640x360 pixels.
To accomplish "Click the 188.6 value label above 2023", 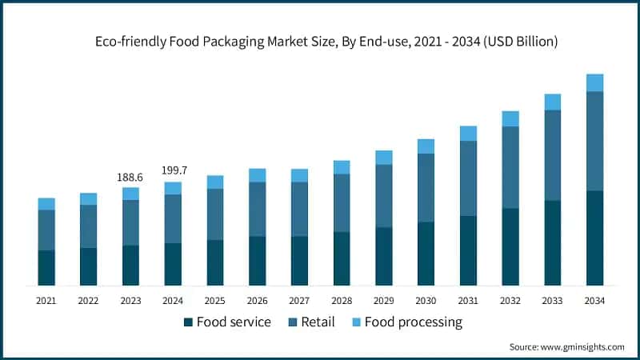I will [130, 178].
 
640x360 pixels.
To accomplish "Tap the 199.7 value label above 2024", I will [173, 171].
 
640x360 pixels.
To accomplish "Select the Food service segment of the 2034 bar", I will [594, 238].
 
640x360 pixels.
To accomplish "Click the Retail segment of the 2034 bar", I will [594, 141].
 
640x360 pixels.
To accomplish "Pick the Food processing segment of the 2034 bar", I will [594, 82].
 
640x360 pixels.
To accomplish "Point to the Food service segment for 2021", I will [46, 267].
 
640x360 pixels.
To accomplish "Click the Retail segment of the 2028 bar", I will [342, 202].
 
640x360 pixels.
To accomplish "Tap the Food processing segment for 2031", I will [468, 133].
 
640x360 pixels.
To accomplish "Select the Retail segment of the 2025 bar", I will [215, 214].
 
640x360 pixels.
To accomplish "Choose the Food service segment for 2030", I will [426, 253].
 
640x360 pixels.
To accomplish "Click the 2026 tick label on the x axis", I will [257, 301].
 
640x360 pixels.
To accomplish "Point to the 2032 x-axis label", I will [510, 301].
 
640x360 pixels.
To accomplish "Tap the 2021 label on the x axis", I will [46, 301].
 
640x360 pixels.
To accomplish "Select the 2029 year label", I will [383, 301].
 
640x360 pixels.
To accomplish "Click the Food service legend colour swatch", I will [189, 322].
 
